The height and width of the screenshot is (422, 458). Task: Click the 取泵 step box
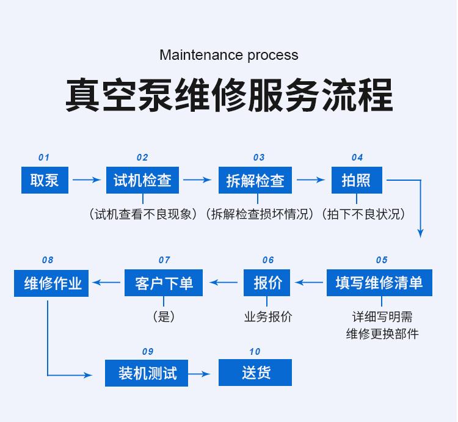pyautogui.click(x=44, y=180)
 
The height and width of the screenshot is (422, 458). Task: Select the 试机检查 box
pyautogui.click(x=142, y=180)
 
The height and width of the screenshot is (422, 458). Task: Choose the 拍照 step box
pyautogui.click(x=357, y=180)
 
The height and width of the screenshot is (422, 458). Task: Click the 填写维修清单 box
pyautogui.click(x=379, y=283)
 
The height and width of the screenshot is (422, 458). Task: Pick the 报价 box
pyautogui.click(x=267, y=283)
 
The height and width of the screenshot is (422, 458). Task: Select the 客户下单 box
pyautogui.click(x=164, y=283)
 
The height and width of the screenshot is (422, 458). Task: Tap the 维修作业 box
pyautogui.click(x=51, y=283)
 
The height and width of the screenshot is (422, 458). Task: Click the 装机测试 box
pyautogui.click(x=147, y=373)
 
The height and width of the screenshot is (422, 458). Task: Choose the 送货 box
pyautogui.click(x=255, y=373)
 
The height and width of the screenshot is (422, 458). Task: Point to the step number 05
pyautogui.click(x=382, y=260)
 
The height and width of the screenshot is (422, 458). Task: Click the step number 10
pyautogui.click(x=255, y=352)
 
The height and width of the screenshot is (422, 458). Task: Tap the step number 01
pyautogui.click(x=44, y=158)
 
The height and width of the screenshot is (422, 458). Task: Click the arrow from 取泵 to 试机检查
pyautogui.click(x=86, y=180)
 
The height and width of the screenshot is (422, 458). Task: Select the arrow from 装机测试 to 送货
pyautogui.click(x=202, y=373)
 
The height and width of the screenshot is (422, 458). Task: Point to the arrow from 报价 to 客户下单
pyautogui.click(x=224, y=282)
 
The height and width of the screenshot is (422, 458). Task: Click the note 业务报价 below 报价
pyautogui.click(x=267, y=317)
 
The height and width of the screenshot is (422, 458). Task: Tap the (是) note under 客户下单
pyautogui.click(x=164, y=317)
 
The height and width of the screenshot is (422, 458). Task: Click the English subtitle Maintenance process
pyautogui.click(x=229, y=55)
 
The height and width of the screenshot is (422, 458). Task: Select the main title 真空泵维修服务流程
pyautogui.click(x=229, y=95)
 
